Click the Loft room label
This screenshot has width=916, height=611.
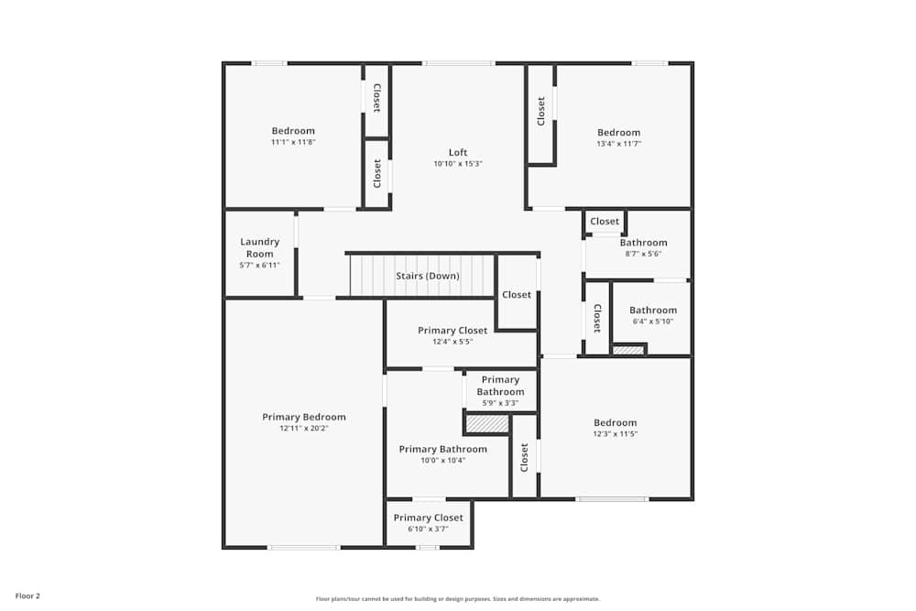tap(458, 152)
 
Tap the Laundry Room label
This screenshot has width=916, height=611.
tap(259, 247)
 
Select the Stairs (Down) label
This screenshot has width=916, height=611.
tap(427, 276)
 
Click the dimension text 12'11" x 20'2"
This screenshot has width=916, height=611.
tap(304, 429)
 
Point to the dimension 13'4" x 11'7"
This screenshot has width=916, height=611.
tap(618, 144)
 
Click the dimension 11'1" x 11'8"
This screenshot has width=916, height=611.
tap(292, 142)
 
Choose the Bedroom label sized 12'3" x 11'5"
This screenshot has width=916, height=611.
tap(615, 422)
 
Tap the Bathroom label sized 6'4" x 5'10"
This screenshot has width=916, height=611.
tap(652, 311)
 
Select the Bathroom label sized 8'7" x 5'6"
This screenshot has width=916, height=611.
tap(643, 243)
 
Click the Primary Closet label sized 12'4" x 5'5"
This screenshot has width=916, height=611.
tap(453, 331)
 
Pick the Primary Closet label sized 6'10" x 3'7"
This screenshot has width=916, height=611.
tap(428, 518)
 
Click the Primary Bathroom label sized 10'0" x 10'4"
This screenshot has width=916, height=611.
tap(442, 449)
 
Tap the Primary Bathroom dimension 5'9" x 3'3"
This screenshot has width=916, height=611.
tap(500, 403)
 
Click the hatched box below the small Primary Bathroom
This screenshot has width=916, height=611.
tap(487, 424)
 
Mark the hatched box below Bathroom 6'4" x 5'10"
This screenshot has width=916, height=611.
tap(627, 349)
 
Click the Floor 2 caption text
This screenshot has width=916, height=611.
tap(27, 595)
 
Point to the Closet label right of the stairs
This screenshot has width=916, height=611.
tap(517, 295)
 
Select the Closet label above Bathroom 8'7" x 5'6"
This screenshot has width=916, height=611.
tap(605, 222)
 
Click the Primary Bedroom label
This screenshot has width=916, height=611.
tap(304, 417)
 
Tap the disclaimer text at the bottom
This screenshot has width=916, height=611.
tap(458, 598)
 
